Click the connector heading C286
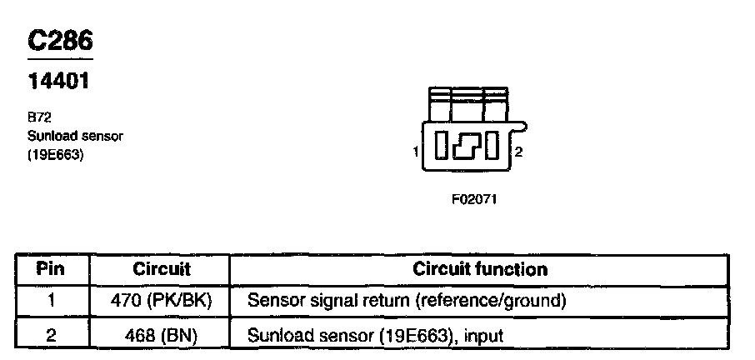tap(59, 42)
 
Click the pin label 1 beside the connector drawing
tap(414, 152)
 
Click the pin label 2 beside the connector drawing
tap(518, 152)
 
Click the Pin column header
tap(51, 269)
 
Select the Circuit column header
tap(162, 269)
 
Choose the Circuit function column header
tap(480, 269)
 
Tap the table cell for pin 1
tap(51, 301)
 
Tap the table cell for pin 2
tap(51, 335)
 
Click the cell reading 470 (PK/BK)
tap(162, 301)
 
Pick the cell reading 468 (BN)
tap(162, 335)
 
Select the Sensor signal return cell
tap(407, 301)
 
